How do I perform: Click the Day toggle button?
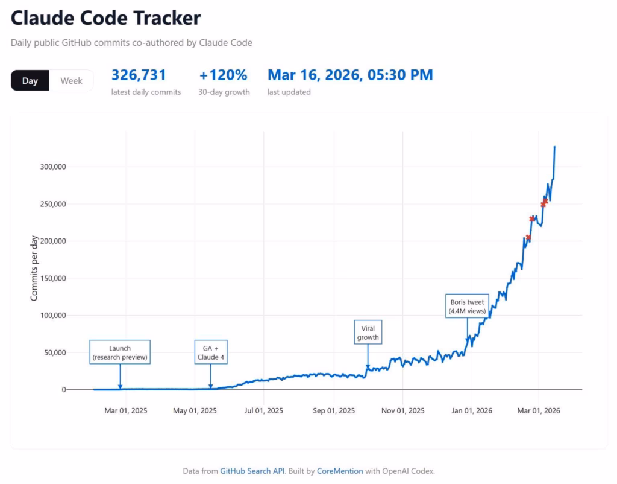click(x=30, y=81)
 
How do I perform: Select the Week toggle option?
click(x=71, y=81)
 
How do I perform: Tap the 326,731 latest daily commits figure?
click(x=139, y=75)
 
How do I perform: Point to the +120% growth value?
click(x=223, y=75)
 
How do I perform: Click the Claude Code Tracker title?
click(x=105, y=18)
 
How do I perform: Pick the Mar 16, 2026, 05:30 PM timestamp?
click(x=350, y=75)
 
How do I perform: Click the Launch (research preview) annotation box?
click(x=120, y=353)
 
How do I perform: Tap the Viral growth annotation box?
click(x=368, y=333)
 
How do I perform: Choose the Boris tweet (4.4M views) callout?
click(x=467, y=307)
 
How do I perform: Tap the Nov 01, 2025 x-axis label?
click(x=404, y=411)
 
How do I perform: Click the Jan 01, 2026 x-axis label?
click(x=472, y=411)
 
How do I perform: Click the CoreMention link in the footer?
click(x=340, y=471)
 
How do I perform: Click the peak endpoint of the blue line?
click(x=554, y=147)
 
